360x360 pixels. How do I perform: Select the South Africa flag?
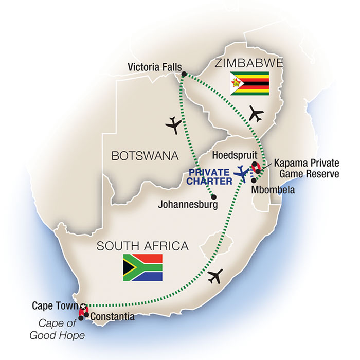(x=142, y=267)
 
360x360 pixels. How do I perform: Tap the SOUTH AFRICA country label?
(x=142, y=246)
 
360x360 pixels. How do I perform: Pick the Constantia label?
(x=112, y=317)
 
